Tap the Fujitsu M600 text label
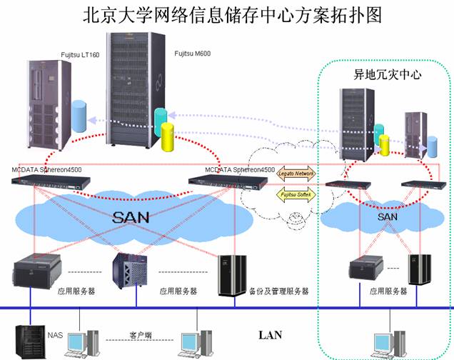[x=193, y=54]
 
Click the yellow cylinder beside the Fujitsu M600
[x=168, y=136]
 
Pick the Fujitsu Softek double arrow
[x=295, y=194]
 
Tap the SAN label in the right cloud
[x=387, y=216]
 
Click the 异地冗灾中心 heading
[x=380, y=74]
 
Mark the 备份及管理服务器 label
[x=278, y=291]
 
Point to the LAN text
[x=270, y=334]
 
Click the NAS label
[x=55, y=334]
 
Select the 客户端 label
[x=141, y=334]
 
